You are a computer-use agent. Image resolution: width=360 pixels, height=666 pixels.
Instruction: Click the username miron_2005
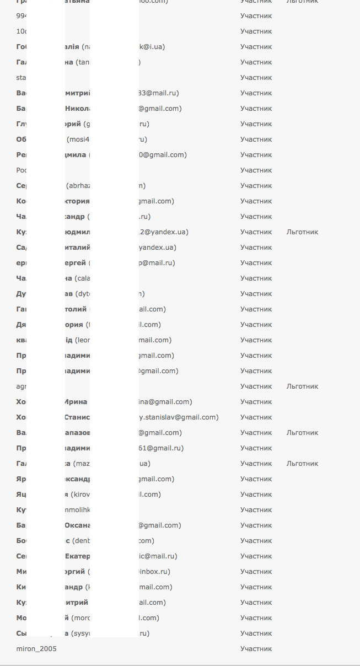36,649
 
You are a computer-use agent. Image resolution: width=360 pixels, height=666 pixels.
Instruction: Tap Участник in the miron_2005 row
256,649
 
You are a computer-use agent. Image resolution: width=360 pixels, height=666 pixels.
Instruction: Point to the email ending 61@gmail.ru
161,448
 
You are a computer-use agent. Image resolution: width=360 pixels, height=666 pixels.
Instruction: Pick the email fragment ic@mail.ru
158,556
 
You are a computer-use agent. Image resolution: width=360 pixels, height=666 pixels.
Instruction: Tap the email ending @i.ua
152,47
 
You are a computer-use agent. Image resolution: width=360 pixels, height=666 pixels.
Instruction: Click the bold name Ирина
76,402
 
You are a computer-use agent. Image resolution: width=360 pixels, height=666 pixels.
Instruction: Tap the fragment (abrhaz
78,186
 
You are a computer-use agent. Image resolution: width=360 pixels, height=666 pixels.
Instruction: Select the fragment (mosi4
78,139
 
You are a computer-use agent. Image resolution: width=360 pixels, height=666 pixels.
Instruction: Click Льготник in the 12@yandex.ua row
302,232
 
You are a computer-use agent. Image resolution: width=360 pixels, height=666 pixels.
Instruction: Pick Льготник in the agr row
302,386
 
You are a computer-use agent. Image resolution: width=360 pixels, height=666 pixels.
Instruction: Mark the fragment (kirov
79,495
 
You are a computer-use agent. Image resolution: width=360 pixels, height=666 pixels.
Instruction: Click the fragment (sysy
81,633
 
